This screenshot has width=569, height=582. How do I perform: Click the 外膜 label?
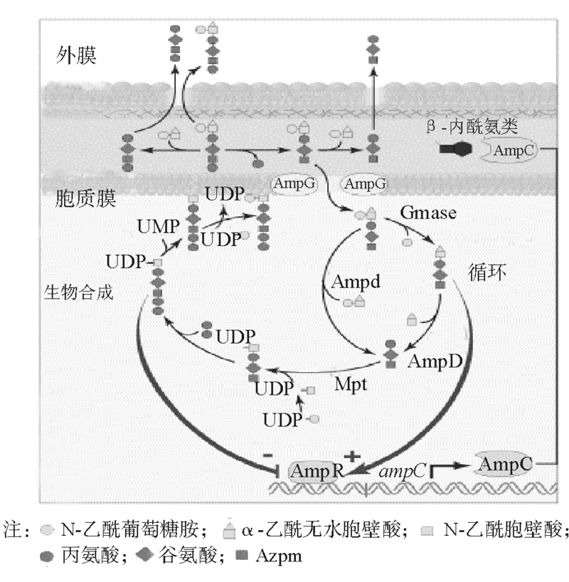76,56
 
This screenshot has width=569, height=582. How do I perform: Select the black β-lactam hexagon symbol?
459,149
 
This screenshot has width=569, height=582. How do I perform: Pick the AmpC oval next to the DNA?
505,464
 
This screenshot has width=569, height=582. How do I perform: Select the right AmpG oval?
365,184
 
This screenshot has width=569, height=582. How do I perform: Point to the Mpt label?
351,384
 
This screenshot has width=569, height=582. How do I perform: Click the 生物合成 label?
78,292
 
